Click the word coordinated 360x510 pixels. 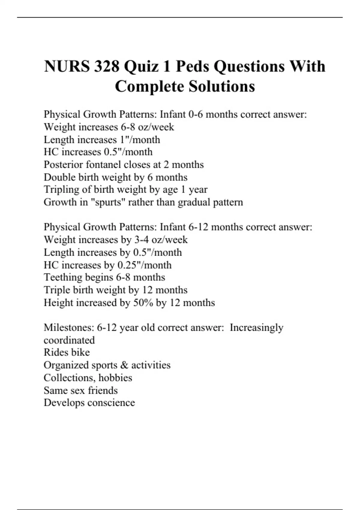69,340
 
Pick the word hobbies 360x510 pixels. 115,378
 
